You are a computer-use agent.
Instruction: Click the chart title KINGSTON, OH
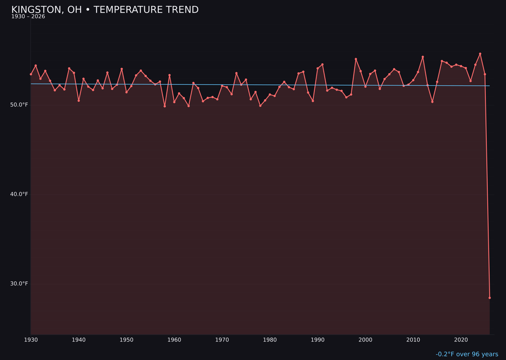pos(46,10)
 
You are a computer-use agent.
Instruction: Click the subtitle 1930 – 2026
pos(28,17)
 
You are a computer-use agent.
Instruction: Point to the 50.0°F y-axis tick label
pos(19,105)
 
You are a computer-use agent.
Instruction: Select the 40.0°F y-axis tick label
pos(19,194)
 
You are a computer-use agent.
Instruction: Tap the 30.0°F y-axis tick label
pos(19,284)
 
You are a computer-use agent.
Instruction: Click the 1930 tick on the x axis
pos(31,340)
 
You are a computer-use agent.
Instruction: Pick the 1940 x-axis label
pos(79,340)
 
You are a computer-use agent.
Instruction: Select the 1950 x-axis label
pos(126,340)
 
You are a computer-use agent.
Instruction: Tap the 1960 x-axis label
pos(174,340)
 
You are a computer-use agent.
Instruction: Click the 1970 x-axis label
pos(222,340)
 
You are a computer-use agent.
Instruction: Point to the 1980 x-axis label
pos(270,340)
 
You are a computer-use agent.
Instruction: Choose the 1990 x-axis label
pos(318,340)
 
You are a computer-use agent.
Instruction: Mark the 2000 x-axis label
pos(365,340)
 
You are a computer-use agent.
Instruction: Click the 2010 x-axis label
pos(413,340)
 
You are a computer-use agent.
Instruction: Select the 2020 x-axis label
pos(461,340)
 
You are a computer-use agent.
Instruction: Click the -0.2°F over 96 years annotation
pos(467,354)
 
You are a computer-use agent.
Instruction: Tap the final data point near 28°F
pos(490,298)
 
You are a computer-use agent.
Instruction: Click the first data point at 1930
pos(31,74)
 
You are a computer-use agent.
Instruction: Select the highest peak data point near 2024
pos(480,54)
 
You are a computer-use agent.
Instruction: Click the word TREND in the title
pos(183,10)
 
